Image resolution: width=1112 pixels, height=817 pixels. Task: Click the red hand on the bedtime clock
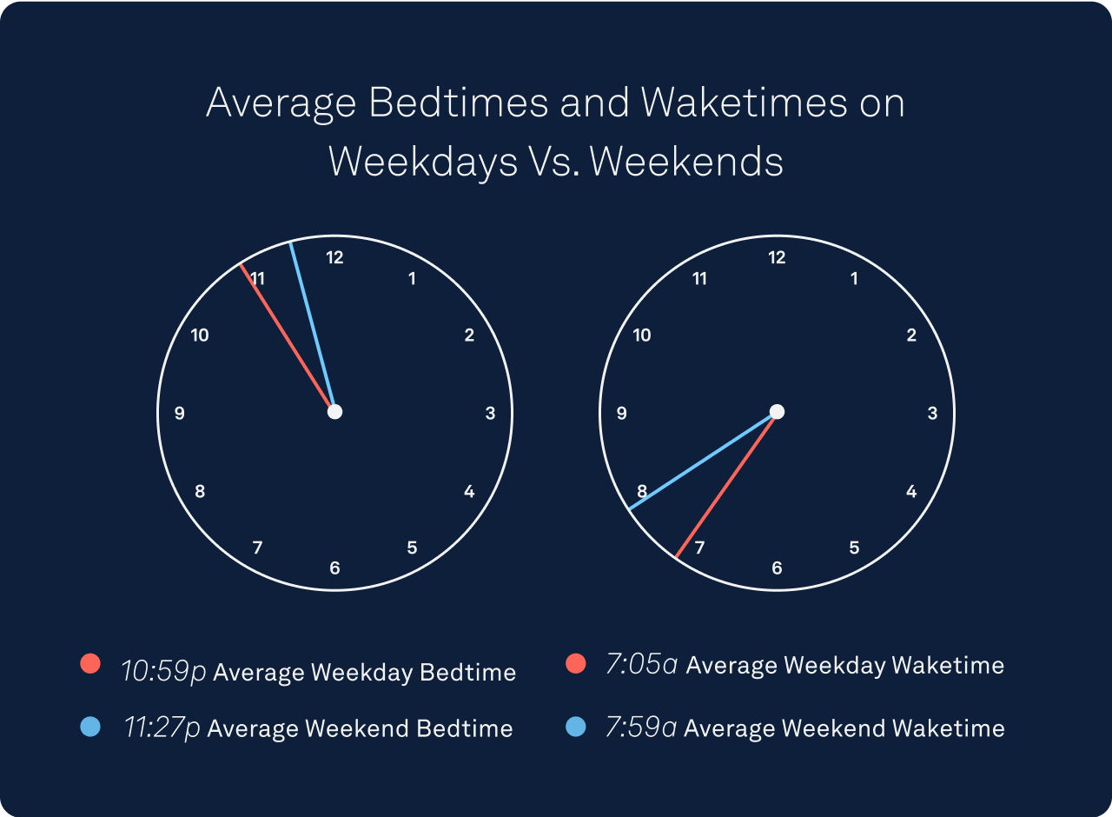point(286,336)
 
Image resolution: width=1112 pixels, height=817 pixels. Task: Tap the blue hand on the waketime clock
point(702,462)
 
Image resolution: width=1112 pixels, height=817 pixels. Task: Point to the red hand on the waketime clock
point(725,486)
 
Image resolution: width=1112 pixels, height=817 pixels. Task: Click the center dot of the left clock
point(335,412)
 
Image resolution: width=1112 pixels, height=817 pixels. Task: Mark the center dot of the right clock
point(777,412)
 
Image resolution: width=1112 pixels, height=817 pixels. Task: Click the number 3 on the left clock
point(491,413)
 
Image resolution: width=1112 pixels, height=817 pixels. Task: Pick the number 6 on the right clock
point(777,568)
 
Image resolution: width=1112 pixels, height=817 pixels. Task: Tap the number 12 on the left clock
point(334,257)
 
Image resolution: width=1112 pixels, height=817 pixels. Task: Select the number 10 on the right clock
point(642,335)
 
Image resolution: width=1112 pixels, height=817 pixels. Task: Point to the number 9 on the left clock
point(180,413)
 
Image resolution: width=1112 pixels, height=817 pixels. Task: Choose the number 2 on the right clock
point(911,335)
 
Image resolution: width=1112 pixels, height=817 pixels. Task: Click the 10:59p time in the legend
point(164,672)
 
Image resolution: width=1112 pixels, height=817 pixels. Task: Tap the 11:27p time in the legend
point(162,727)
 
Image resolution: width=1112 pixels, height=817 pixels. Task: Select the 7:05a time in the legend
point(642,664)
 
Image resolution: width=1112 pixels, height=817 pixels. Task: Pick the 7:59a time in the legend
point(641,727)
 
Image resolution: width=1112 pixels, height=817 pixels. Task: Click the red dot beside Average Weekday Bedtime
point(90,663)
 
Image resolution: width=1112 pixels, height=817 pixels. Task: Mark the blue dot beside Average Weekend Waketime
point(576,727)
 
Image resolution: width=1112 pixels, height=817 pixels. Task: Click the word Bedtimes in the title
point(458,103)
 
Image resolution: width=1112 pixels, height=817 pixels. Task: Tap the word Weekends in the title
point(686,162)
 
